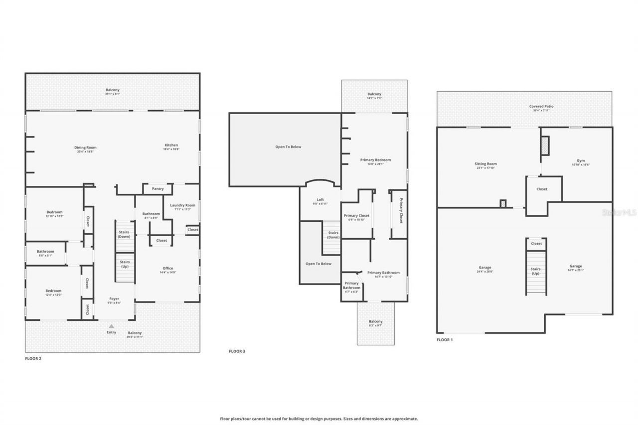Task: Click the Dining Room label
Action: point(85,147)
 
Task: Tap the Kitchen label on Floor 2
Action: point(171,145)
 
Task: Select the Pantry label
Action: point(158,189)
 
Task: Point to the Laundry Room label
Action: point(182,205)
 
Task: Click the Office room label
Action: point(168,269)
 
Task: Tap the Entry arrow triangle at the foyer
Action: point(112,326)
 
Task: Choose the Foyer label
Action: point(115,299)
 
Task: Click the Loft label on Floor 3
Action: point(320,200)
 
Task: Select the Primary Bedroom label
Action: point(375,160)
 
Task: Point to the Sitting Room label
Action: point(485,164)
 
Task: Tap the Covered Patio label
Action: point(541,106)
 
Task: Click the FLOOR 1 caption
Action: point(445,340)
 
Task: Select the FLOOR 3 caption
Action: point(237,351)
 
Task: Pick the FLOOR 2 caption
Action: point(33,358)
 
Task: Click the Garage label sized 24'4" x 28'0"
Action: point(485,267)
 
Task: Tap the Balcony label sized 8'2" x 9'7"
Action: point(375,322)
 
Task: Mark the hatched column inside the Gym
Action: point(545,145)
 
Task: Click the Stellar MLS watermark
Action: point(619,212)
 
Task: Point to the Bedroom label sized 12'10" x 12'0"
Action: point(54,212)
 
